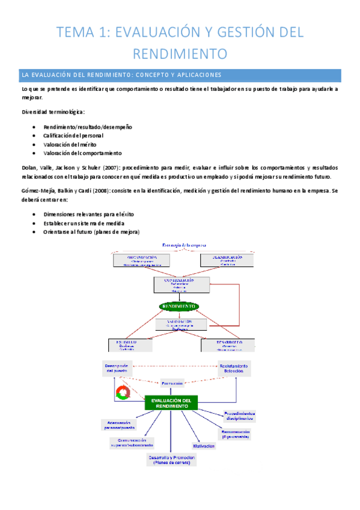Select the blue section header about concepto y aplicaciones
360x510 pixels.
(x=180, y=75)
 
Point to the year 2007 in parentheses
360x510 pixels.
(x=101, y=167)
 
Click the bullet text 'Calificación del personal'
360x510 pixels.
(x=78, y=136)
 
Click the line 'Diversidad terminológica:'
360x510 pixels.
(x=53, y=111)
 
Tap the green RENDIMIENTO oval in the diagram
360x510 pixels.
(x=179, y=306)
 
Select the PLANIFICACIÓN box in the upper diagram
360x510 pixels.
(x=227, y=260)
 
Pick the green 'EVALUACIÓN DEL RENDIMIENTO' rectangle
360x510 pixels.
(x=171, y=403)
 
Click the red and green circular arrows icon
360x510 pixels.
(x=123, y=393)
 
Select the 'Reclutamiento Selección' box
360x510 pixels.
(x=235, y=369)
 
